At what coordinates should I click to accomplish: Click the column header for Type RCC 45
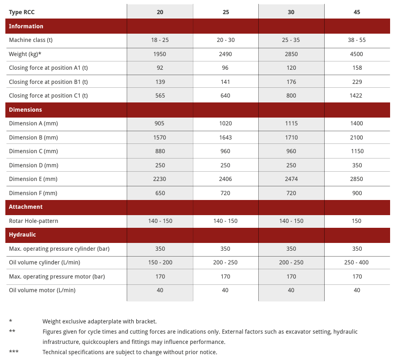coord(356,12)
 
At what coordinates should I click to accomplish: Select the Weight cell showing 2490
coord(226,54)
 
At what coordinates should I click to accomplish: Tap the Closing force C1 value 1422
coord(356,96)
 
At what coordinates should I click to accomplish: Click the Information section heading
coord(26,26)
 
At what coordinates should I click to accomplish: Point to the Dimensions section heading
coord(25,110)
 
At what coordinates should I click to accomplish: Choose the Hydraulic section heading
coord(22,235)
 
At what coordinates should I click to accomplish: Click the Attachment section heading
coord(25,207)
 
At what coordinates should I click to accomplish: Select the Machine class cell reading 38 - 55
coord(356,40)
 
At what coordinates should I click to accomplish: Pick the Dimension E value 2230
coord(160,179)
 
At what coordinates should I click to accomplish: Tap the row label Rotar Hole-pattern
coord(33,221)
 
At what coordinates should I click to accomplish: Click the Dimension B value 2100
coord(356,138)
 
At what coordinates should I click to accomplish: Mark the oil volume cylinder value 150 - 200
coord(160,262)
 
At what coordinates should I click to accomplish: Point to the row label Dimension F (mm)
coord(33,193)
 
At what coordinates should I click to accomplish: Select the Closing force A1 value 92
coord(160,68)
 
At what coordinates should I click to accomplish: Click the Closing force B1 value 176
coord(291,82)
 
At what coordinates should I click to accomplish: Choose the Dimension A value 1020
coord(226,123)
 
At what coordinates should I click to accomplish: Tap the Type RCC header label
coord(22,12)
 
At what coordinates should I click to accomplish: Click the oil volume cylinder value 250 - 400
coord(356,262)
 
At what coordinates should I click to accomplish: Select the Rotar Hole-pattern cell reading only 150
coord(356,221)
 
